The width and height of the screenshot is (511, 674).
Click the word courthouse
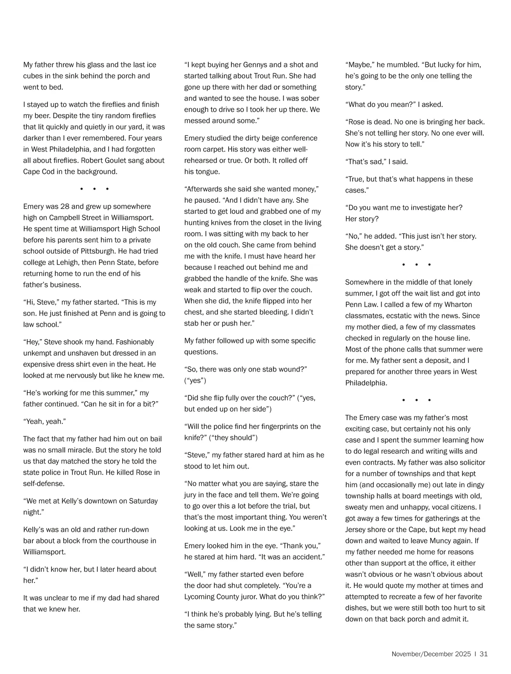click(x=133, y=540)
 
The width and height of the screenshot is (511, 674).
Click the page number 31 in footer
click(x=483, y=654)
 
